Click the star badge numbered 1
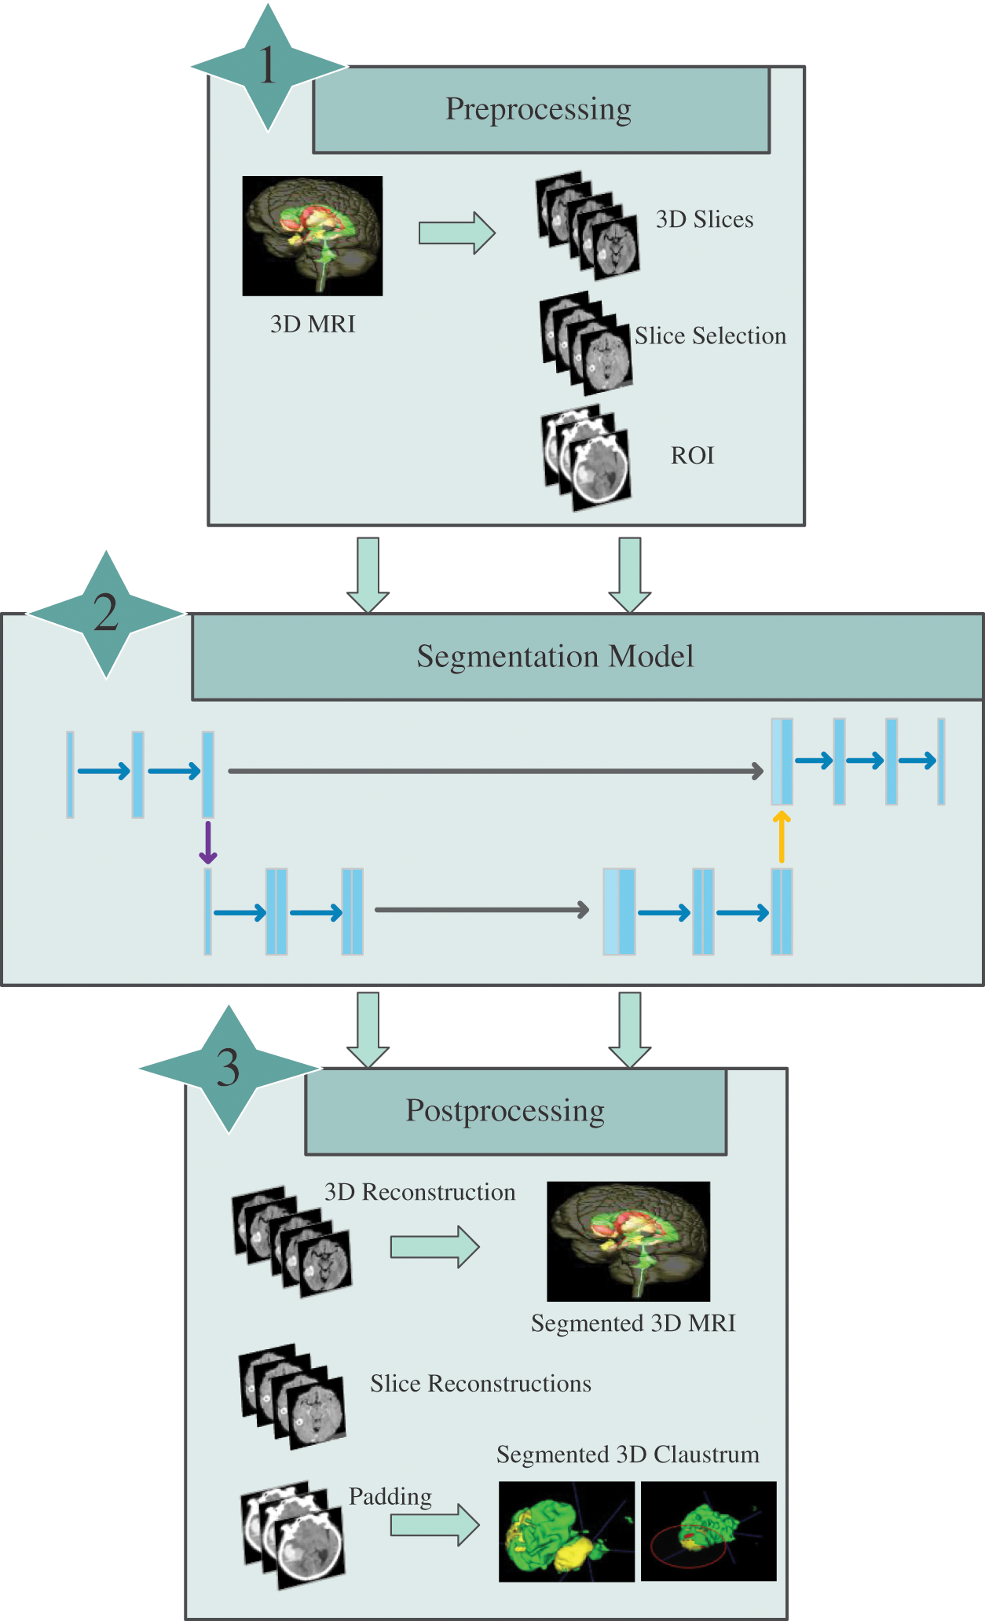tap(268, 67)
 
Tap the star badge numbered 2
tap(106, 614)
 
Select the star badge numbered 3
tap(229, 1069)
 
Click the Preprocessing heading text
tap(538, 109)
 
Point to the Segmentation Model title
tap(555, 657)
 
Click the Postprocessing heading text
tap(505, 1111)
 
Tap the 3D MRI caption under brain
tap(313, 324)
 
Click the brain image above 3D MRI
tap(313, 236)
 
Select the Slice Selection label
tap(710, 336)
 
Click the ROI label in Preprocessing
tap(692, 456)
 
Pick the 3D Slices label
tap(705, 219)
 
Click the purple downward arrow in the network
tap(208, 843)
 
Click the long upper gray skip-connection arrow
tap(495, 771)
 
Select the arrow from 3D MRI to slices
tap(456, 233)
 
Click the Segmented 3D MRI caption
tap(633, 1323)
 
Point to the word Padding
tap(390, 1496)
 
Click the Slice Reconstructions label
tap(481, 1384)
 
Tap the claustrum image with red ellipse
tap(709, 1531)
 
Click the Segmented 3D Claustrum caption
tap(628, 1454)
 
